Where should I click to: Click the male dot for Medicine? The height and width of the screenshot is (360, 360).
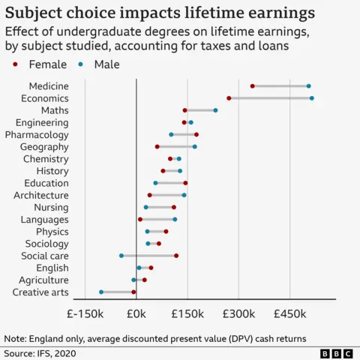click(x=308, y=86)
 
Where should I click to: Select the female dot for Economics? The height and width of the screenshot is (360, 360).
click(x=229, y=98)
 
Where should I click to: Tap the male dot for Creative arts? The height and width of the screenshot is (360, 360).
click(x=101, y=292)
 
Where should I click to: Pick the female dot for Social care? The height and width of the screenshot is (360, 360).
click(x=176, y=256)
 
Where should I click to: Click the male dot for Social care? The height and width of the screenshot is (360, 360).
click(x=121, y=256)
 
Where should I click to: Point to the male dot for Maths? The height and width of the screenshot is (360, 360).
click(x=215, y=110)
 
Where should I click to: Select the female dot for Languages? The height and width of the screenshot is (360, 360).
click(x=140, y=219)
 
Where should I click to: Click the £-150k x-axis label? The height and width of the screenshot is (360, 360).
click(x=85, y=313)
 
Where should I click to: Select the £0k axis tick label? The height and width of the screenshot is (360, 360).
click(x=136, y=313)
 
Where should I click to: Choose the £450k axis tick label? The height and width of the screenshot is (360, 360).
click(x=290, y=313)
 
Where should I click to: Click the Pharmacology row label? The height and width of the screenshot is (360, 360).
click(x=37, y=134)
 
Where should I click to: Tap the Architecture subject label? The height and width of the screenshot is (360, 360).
click(x=41, y=195)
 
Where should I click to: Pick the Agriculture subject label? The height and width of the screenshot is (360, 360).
click(x=43, y=280)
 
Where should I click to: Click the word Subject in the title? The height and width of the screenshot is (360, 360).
click(x=34, y=13)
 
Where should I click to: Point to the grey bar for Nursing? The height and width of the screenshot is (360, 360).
click(x=160, y=207)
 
